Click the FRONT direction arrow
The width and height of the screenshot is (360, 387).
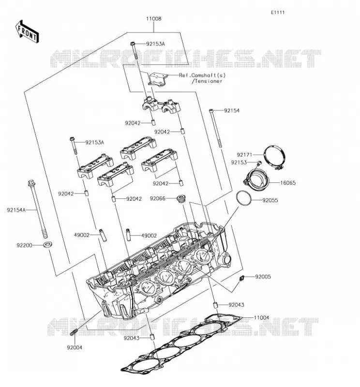(x=27, y=32)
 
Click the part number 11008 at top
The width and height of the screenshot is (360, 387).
(x=153, y=19)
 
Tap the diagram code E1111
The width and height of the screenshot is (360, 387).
(x=278, y=13)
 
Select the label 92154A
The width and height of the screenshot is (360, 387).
(x=16, y=210)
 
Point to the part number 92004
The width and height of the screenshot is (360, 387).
(x=75, y=347)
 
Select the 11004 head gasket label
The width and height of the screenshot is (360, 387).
(x=261, y=318)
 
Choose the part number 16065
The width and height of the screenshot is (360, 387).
(x=287, y=183)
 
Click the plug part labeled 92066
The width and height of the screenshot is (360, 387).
(x=182, y=199)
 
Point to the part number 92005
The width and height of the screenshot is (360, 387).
(x=263, y=277)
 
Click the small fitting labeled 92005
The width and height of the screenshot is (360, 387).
(x=241, y=278)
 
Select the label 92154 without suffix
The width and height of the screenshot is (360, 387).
(x=232, y=111)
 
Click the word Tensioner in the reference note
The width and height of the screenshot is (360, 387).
(x=209, y=81)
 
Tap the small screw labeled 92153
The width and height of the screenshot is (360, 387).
(x=259, y=163)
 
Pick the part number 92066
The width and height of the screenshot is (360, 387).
(x=158, y=198)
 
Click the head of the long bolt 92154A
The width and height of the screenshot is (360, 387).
(x=31, y=183)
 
